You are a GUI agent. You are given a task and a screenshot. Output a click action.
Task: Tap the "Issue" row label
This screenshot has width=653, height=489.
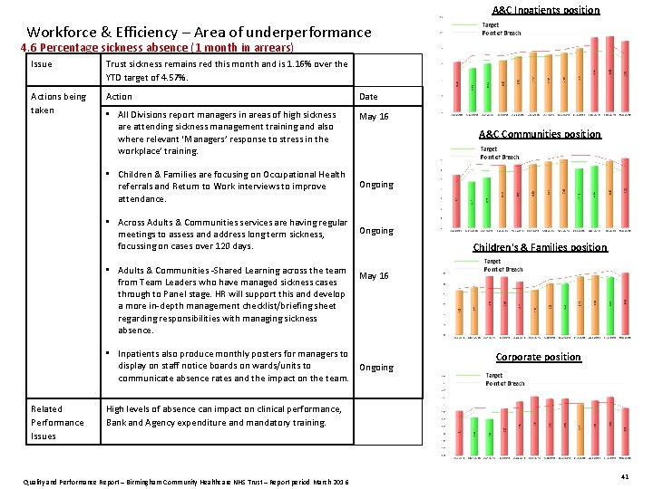[x=42, y=64]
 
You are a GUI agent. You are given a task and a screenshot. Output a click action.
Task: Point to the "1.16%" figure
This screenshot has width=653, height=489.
[x=298, y=64]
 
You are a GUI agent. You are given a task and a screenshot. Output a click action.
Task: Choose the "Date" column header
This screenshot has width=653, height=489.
[x=368, y=97]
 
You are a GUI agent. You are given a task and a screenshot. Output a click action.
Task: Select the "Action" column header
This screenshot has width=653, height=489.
[x=119, y=97]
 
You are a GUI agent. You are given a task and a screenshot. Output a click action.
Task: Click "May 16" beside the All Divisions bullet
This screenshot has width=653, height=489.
[x=374, y=117]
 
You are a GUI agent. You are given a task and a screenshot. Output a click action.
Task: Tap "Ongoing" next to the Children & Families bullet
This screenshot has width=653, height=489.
[x=376, y=185]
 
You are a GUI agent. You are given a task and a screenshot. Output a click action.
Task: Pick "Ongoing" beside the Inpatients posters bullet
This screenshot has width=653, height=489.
[x=376, y=368]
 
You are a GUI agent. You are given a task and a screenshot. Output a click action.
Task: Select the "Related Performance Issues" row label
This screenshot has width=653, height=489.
[x=56, y=422]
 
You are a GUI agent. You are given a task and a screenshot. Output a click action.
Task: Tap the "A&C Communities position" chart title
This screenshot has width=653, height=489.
[x=540, y=134]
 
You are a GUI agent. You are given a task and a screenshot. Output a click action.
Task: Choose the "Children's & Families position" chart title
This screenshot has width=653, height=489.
[x=540, y=247]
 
